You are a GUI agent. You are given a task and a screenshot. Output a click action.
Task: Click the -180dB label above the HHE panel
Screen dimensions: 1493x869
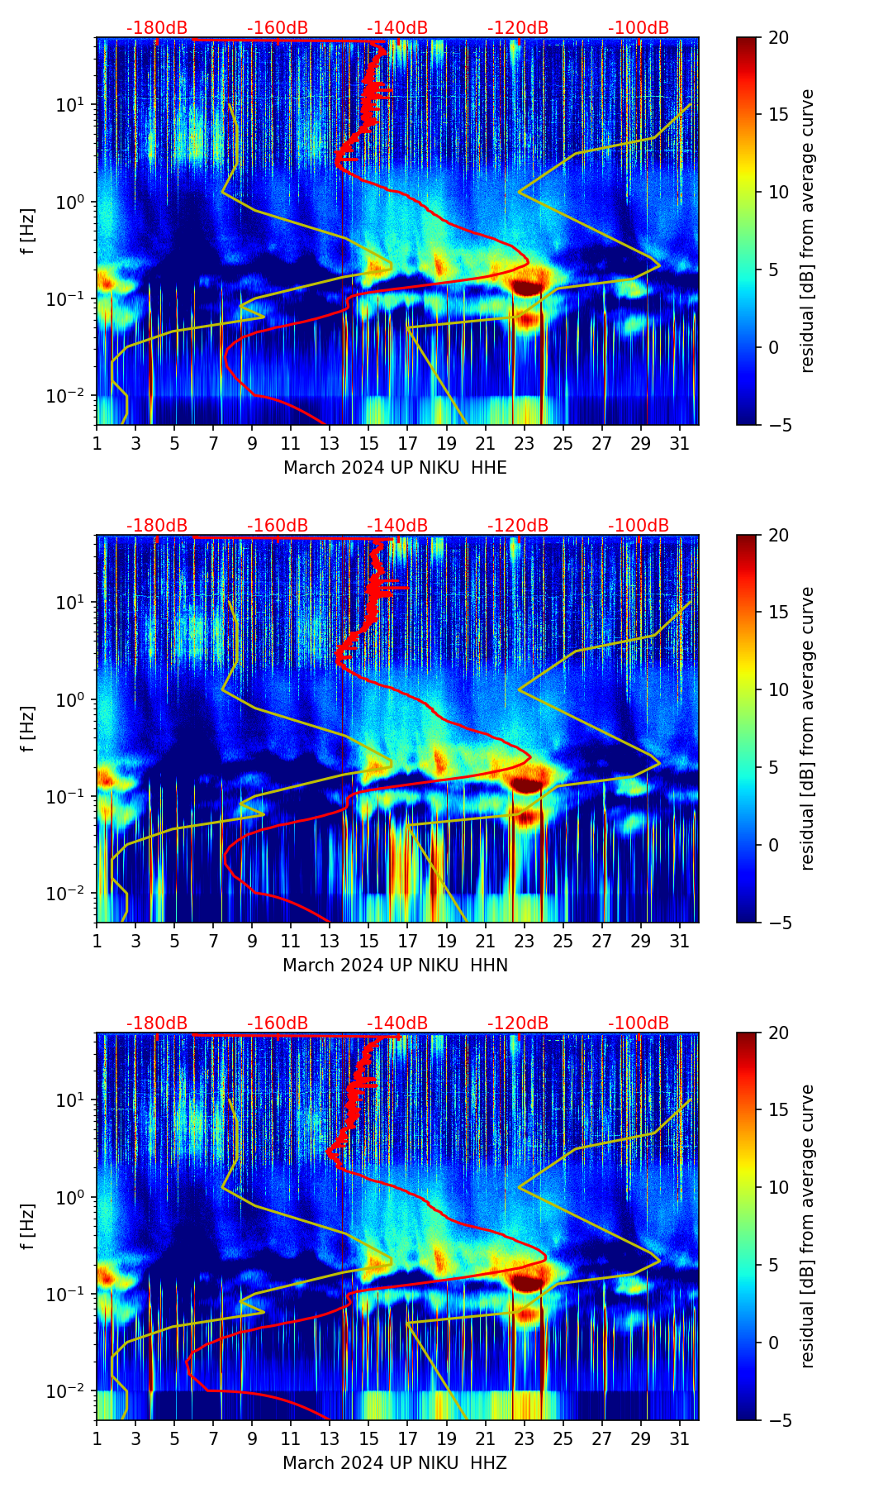[x=157, y=28]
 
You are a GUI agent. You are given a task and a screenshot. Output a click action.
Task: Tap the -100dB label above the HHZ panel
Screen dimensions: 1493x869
[x=639, y=1023]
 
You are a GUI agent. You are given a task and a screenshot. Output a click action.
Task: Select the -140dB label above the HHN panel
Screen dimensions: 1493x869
[x=397, y=526]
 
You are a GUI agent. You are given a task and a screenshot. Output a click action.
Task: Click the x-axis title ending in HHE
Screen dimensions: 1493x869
[x=395, y=468]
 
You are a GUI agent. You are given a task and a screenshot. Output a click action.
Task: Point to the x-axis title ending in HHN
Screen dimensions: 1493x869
[x=395, y=966]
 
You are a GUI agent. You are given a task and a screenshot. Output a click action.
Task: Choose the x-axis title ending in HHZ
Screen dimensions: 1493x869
[x=395, y=1463]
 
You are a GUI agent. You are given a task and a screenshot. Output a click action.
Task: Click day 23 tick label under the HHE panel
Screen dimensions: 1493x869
[x=524, y=442]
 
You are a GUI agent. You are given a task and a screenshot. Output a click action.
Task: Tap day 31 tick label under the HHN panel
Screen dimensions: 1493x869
[x=679, y=940]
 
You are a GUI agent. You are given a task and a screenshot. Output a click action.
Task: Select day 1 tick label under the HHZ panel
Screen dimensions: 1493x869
[x=97, y=1438]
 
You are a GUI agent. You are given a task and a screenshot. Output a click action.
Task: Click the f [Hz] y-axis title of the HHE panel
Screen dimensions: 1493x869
[x=29, y=231]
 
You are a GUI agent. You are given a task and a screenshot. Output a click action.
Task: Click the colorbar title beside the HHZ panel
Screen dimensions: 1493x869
[x=807, y=1226]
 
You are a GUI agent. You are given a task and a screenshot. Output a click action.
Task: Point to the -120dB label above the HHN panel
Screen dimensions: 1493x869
[x=518, y=526]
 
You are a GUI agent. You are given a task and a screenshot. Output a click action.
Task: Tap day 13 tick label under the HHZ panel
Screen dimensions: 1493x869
[x=330, y=1438]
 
